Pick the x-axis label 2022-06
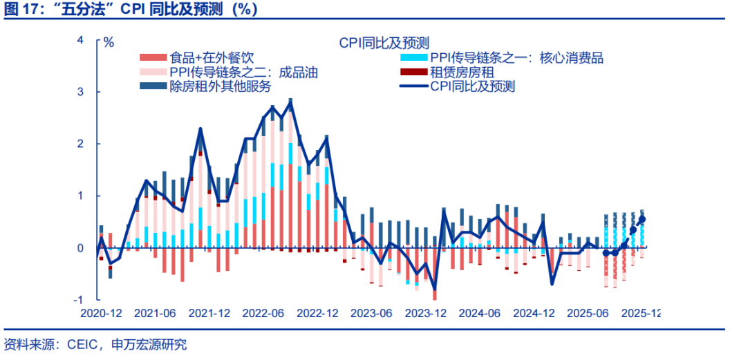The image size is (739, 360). [263, 313]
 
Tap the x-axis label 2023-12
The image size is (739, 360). [427, 313]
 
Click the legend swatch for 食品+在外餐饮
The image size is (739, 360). [153, 58]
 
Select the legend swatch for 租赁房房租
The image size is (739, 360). [413, 72]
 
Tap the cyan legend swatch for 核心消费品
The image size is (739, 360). [413, 58]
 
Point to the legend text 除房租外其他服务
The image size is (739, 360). [220, 86]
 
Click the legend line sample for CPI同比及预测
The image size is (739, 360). [413, 86]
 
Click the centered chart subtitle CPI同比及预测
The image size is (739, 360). [384, 43]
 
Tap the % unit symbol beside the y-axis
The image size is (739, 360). [109, 41]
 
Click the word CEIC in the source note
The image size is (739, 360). [80, 344]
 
